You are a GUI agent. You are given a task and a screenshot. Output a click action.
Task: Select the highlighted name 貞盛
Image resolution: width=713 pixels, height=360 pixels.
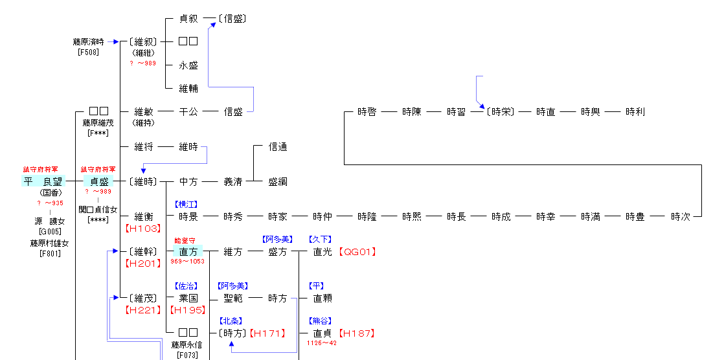click(99, 181)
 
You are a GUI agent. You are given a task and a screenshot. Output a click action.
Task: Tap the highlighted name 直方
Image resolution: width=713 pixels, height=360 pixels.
click(188, 251)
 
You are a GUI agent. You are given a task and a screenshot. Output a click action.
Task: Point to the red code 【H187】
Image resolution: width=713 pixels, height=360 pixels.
click(357, 333)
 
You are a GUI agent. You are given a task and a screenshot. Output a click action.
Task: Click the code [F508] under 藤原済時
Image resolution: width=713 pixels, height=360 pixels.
click(88, 52)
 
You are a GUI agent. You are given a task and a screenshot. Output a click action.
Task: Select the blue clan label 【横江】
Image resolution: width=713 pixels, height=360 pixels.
click(188, 204)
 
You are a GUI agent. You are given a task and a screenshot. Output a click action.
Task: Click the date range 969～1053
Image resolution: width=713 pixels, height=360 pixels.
click(188, 261)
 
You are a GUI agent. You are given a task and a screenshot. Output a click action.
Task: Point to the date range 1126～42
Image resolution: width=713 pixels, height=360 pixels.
click(322, 343)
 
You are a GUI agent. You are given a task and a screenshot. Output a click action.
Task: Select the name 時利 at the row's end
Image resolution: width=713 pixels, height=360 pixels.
click(635, 111)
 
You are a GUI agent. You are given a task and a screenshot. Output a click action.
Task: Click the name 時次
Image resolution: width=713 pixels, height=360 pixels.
click(680, 216)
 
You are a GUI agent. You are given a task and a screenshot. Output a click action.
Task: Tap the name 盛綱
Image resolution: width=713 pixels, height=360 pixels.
click(278, 182)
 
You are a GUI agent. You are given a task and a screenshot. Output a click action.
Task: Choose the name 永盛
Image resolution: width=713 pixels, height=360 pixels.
click(188, 65)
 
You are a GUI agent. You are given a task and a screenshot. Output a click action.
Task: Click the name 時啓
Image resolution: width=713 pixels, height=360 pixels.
click(367, 111)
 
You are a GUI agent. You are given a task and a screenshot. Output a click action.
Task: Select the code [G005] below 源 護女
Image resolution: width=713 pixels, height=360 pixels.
click(50, 231)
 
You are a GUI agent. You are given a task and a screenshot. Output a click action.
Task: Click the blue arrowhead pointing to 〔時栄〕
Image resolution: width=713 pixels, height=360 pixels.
click(481, 105)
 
